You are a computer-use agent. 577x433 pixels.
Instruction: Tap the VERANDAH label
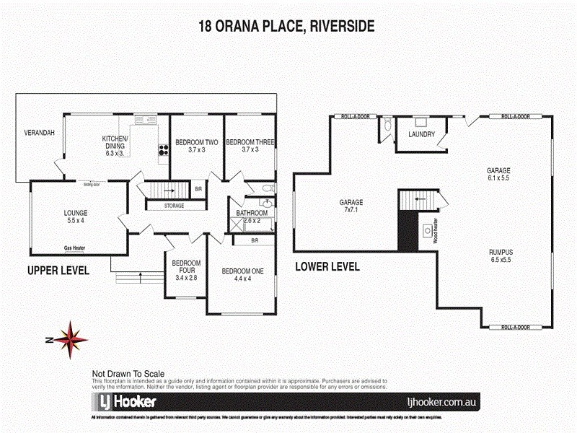coord(40,134)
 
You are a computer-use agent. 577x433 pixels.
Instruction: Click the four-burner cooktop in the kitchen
coord(162,151)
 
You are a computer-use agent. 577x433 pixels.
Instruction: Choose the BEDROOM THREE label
coord(250,143)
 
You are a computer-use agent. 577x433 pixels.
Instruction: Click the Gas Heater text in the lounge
coord(75,248)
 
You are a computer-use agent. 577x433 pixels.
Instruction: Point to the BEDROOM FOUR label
coord(185,268)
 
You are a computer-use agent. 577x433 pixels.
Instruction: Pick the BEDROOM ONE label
coord(242,271)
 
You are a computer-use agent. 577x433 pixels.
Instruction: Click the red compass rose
coord(71,336)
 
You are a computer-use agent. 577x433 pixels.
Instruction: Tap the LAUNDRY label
coord(420,134)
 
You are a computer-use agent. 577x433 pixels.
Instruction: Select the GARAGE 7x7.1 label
coord(352,206)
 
